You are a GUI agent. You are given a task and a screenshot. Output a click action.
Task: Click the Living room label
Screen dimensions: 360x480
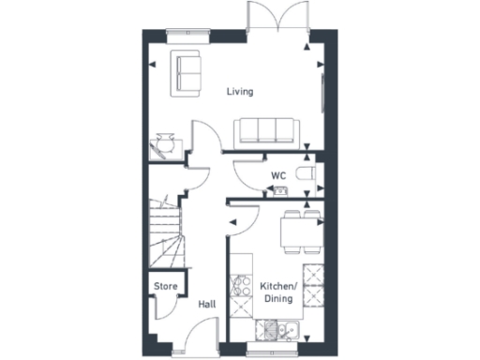241,91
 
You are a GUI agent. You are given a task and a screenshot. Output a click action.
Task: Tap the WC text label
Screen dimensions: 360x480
278,174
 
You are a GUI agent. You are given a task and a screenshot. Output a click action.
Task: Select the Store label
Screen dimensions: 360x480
166,287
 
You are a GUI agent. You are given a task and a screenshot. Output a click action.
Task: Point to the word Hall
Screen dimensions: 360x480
208,305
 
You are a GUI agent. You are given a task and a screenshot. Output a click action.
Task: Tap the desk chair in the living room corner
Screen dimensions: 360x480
166,142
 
